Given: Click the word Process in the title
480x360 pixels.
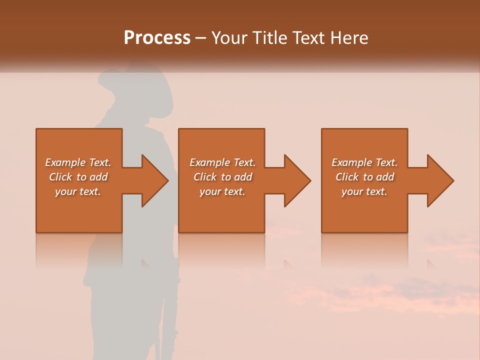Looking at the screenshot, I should tap(157, 38).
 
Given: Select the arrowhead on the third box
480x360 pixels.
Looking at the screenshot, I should tap(439, 180).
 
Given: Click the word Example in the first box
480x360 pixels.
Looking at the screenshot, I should tap(65, 162).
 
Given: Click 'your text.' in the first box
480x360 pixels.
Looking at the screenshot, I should tap(78, 191).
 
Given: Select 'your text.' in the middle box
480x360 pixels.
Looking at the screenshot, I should tap(222, 191).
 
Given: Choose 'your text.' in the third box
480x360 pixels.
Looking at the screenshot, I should tap(364, 191).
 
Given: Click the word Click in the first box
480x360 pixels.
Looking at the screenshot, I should tap(60, 177).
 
